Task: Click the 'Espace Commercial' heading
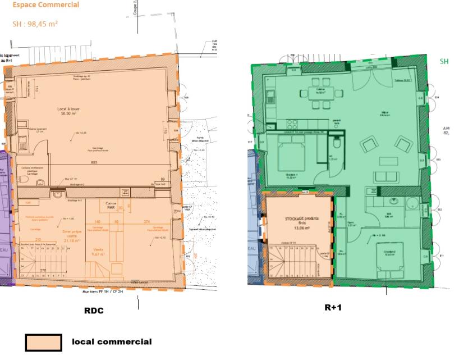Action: coord(38,5)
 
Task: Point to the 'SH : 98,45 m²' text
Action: coord(35,24)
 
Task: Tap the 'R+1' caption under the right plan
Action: coord(333,308)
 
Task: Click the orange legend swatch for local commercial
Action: coord(43,341)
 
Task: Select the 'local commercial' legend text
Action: coord(111,341)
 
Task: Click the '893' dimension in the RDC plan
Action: coord(95,162)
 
